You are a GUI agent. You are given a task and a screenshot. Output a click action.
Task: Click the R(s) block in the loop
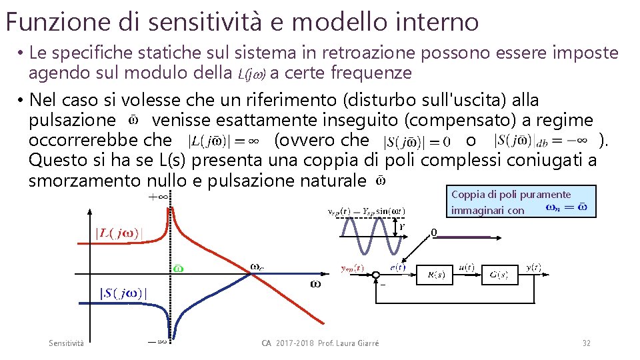[x=436, y=274]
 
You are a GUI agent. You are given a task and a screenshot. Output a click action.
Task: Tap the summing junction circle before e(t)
[x=377, y=275]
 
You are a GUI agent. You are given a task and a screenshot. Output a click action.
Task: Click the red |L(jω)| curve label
[x=118, y=233]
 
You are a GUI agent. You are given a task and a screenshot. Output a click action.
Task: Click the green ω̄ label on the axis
[x=178, y=269]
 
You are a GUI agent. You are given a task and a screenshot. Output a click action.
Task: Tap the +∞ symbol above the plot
[x=158, y=197]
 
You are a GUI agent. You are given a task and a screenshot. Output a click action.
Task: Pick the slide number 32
[x=586, y=343]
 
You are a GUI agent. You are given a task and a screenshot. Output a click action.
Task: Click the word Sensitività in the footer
[x=67, y=343]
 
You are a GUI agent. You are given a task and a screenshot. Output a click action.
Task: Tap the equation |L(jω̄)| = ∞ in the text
[x=225, y=141]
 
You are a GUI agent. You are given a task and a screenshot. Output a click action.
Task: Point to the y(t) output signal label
[x=534, y=267]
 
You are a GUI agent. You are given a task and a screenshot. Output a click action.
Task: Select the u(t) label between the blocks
[x=467, y=267]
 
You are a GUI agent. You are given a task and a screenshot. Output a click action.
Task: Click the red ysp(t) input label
[x=352, y=268]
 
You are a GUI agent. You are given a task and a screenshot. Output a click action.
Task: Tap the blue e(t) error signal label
[x=398, y=267]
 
